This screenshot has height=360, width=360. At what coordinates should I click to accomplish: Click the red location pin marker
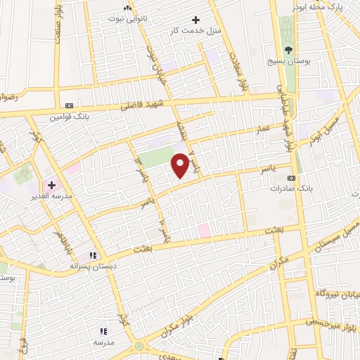click(x=181, y=165)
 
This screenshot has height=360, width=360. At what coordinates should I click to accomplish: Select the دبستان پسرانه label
click(x=94, y=266)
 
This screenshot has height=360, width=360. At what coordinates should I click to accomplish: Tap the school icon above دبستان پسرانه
click(x=92, y=255)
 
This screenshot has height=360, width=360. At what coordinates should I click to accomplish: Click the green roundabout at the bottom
click(x=138, y=347)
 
